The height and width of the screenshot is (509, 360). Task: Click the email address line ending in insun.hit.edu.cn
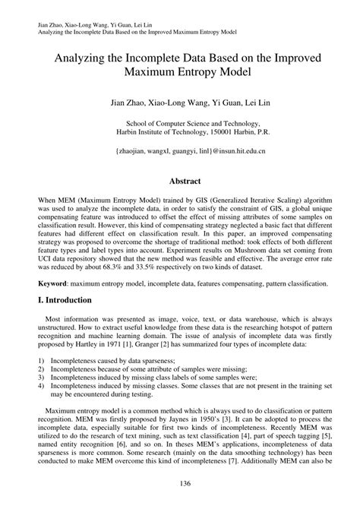pyautogui.click(x=180, y=151)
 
